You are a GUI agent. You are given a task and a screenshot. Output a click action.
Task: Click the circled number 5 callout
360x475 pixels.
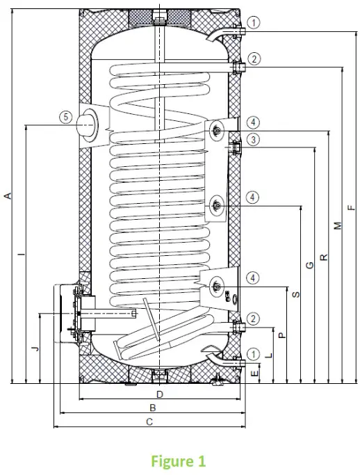pos(65,118)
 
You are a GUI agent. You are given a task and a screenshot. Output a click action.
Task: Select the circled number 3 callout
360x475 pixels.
pos(255,140)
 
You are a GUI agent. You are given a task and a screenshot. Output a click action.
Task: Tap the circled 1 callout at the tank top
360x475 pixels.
pos(255,23)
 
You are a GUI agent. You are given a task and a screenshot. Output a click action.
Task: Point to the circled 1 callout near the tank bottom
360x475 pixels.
pos(255,354)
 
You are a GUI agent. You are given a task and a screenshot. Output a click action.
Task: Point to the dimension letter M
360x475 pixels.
pos(337,226)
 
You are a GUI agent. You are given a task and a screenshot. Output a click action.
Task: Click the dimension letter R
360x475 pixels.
pos(323,257)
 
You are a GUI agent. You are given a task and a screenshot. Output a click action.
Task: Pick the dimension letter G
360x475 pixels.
pos(309,265)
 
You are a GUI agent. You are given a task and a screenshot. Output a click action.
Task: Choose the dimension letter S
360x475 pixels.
pos(295,295)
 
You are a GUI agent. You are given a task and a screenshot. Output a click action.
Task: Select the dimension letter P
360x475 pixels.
pos(281,335)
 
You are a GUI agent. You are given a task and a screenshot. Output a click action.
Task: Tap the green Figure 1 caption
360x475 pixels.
pos(179,460)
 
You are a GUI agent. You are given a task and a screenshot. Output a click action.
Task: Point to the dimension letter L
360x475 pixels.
pos(268,354)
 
